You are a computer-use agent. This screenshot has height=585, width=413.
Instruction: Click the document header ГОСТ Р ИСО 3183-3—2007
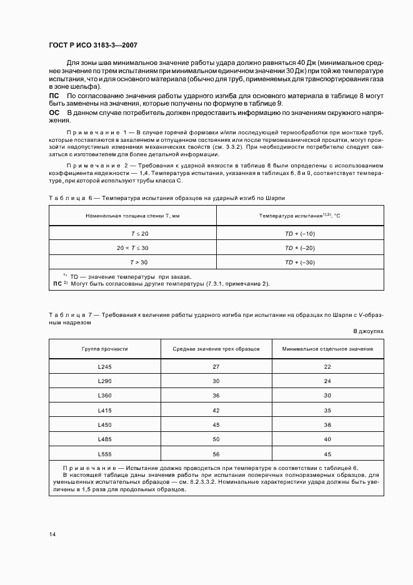(93, 45)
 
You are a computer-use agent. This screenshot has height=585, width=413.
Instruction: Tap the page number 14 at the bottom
(52, 534)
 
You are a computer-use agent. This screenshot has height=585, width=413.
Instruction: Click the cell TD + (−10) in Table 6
(300, 233)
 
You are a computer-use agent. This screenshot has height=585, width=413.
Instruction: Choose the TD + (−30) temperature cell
(300, 262)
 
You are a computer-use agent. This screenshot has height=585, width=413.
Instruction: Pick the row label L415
(104, 411)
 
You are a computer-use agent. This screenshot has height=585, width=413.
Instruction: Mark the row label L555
(104, 454)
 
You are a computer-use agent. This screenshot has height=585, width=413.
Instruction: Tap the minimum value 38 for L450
(327, 425)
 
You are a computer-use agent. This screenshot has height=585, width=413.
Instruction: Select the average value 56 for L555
(216, 454)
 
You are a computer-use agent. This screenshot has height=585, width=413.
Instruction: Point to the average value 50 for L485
(216, 440)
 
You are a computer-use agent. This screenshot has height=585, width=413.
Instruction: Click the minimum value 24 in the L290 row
(327, 381)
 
